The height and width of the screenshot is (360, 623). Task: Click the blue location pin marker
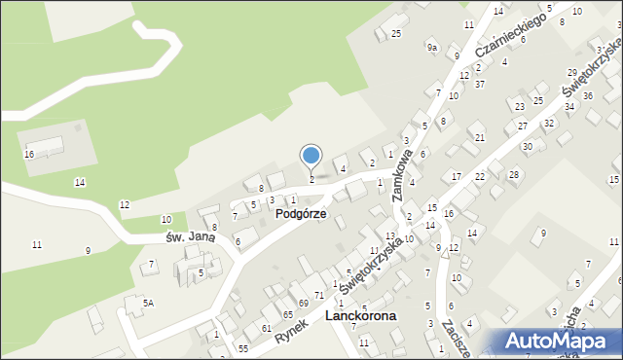click(311, 157)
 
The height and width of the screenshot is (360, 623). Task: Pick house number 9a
click(432, 47)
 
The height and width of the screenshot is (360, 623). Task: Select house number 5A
click(148, 304)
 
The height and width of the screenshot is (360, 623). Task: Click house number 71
click(318, 295)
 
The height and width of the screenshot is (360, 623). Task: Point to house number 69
click(303, 305)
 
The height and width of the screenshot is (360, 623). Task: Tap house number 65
click(288, 315)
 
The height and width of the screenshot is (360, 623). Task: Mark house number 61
click(266, 328)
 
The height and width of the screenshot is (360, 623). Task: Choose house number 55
click(243, 348)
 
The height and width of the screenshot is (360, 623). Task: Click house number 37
click(480, 84)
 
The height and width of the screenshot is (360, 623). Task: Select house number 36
click(587, 94)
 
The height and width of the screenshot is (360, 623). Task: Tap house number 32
click(549, 124)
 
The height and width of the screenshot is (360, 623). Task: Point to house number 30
click(528, 146)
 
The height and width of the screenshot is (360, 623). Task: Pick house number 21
click(479, 138)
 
